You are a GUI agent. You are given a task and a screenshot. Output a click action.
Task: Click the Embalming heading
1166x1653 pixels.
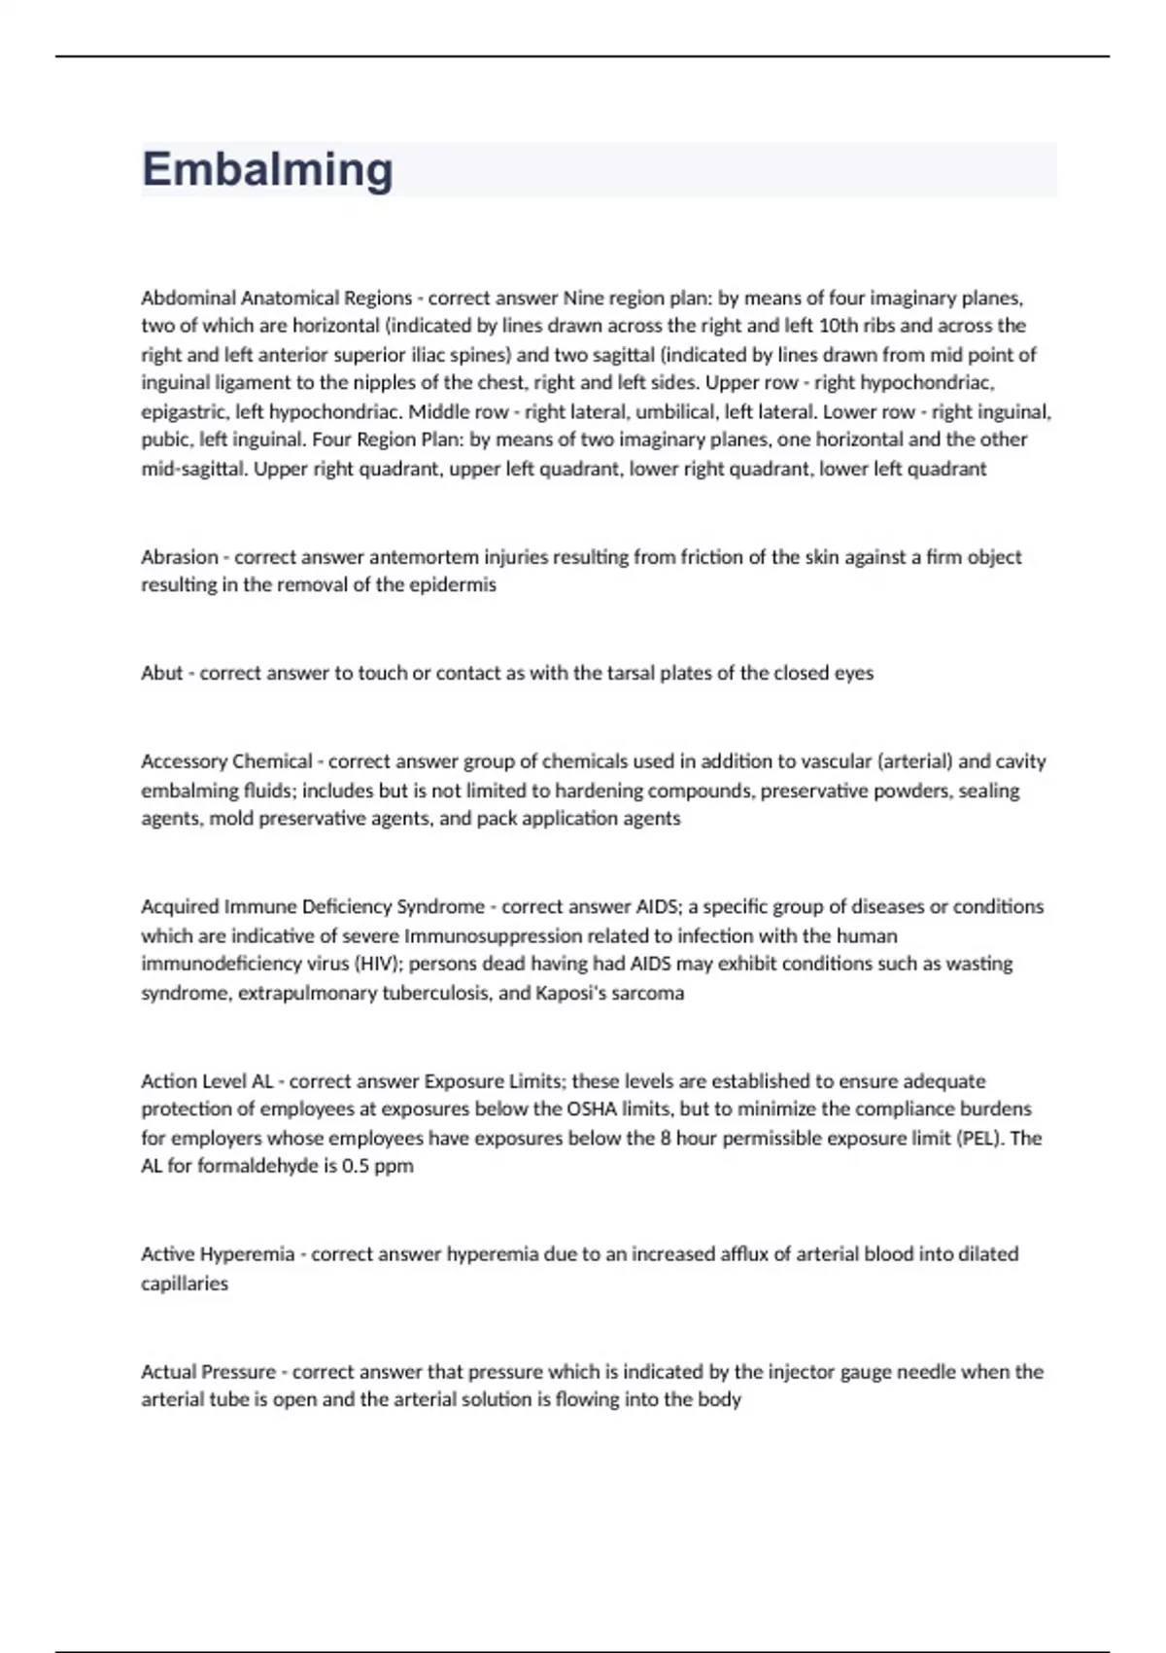[267, 169]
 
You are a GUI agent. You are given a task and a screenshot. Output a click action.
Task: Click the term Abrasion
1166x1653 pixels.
[180, 557]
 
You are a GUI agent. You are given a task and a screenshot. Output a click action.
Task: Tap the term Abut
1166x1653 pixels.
[161, 673]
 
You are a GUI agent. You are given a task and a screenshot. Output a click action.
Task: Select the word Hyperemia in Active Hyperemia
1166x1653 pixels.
[247, 1254]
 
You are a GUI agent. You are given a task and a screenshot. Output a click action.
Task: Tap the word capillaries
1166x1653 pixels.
[185, 1284]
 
